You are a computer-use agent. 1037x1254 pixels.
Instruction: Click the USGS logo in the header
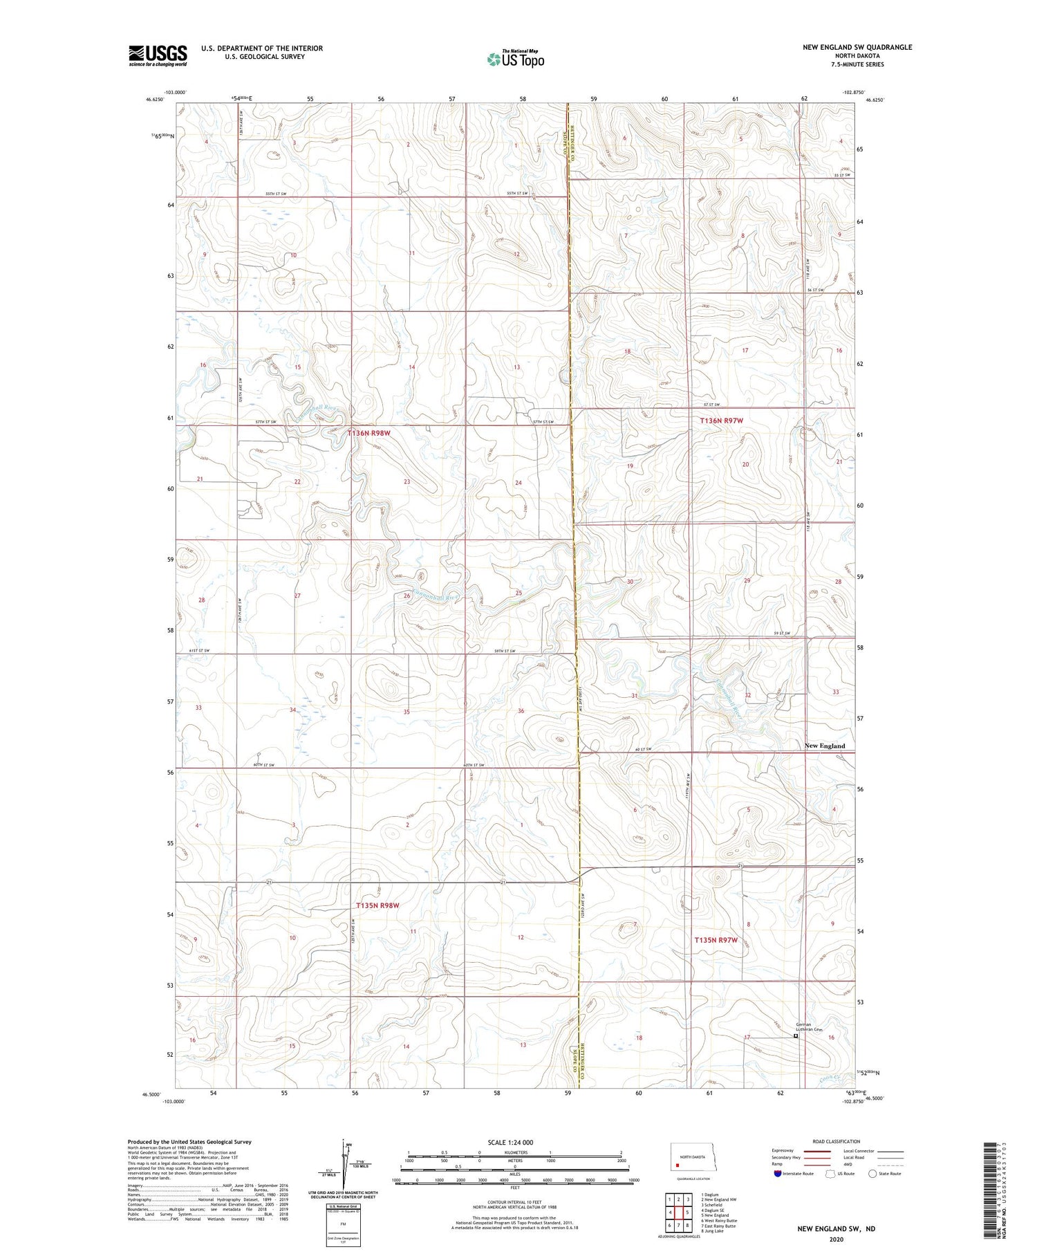pos(158,55)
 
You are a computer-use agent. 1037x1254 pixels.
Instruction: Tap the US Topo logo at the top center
pos(515,59)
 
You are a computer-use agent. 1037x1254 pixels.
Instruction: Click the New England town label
pos(824,746)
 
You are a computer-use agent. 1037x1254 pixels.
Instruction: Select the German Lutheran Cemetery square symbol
pos(796,1036)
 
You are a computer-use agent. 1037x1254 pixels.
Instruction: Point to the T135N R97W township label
pos(716,940)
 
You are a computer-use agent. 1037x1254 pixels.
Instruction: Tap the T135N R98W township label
pos(377,905)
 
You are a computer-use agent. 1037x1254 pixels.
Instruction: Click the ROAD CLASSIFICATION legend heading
pos(837,1141)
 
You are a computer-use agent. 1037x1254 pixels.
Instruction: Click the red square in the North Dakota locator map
pos(678,1164)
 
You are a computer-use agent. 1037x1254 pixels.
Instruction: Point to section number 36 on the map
pos(521,711)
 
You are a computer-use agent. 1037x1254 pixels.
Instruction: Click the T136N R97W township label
pos(721,421)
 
